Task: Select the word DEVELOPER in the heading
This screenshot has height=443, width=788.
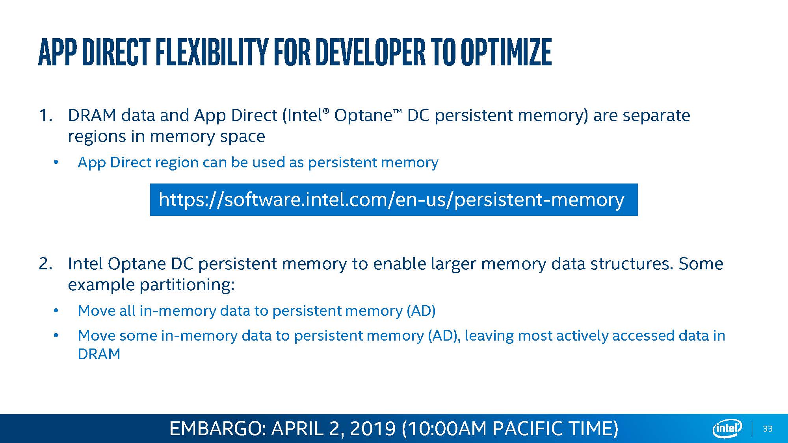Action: pos(370,52)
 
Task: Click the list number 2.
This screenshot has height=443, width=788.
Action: pos(46,264)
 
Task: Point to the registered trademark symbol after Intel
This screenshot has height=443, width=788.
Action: pos(325,112)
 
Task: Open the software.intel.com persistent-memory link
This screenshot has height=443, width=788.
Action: pos(391,200)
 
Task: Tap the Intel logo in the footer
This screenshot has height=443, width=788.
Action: pos(727,428)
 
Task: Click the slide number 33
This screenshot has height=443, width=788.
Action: pos(768,429)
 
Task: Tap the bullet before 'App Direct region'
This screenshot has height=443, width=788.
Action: pos(56,162)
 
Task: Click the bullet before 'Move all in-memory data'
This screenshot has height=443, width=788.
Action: pos(56,311)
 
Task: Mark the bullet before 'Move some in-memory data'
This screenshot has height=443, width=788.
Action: pos(56,335)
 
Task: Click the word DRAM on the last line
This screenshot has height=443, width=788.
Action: pos(99,354)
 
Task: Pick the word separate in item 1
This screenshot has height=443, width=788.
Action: pos(656,116)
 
